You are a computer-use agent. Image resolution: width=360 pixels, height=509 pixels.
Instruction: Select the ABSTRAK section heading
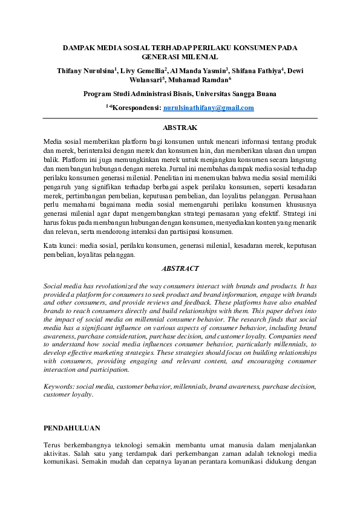[x=180, y=128]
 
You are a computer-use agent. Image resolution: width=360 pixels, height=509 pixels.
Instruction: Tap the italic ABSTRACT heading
[x=180, y=268]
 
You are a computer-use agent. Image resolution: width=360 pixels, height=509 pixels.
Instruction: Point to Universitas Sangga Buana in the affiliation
[x=238, y=94]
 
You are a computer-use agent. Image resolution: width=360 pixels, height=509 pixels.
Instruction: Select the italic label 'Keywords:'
[x=62, y=385]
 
